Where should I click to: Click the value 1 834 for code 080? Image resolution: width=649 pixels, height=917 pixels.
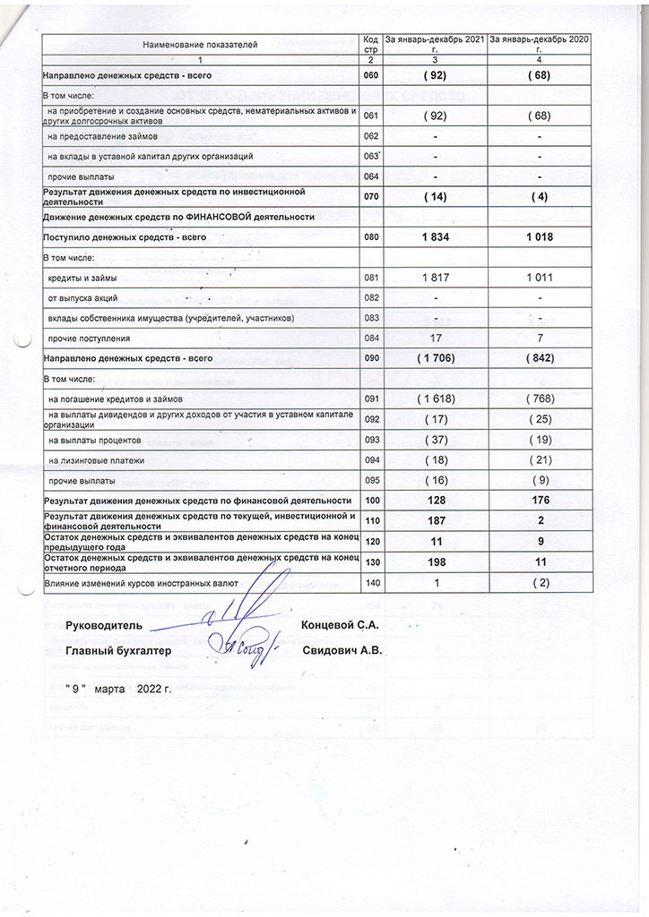[435, 237]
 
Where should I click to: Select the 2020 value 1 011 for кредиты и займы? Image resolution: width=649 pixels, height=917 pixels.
[540, 279]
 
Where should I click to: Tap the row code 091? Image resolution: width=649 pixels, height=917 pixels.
[371, 399]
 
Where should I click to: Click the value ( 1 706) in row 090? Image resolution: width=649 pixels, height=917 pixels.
[435, 357]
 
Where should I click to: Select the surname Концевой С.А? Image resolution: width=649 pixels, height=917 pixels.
[341, 622]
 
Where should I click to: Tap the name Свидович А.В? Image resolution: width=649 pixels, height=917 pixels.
[342, 652]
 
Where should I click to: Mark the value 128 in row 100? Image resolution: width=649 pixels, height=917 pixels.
[435, 500]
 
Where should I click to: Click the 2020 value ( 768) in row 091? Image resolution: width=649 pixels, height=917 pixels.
[540, 399]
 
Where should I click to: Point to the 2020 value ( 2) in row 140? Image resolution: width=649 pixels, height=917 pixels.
[540, 584]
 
